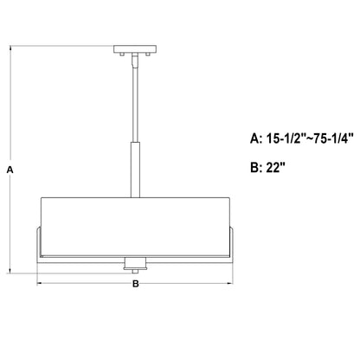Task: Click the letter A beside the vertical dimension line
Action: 10,170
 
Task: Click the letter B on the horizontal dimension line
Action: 136,284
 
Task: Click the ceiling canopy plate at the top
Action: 135,49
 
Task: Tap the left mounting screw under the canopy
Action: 122,55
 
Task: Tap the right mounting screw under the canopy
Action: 148,55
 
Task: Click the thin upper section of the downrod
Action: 135,105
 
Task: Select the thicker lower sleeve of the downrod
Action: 135,170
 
